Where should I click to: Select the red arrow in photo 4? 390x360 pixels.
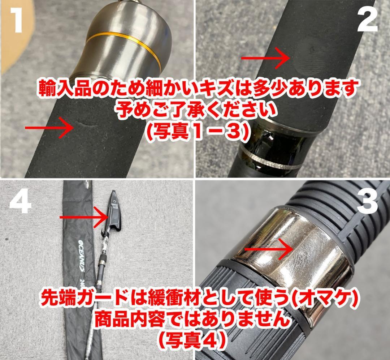pos(83,217)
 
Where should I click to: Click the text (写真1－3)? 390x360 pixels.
pos(195,132)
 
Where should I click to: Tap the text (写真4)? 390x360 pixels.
pos(195,338)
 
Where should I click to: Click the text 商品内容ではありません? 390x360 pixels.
pos(195,319)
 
